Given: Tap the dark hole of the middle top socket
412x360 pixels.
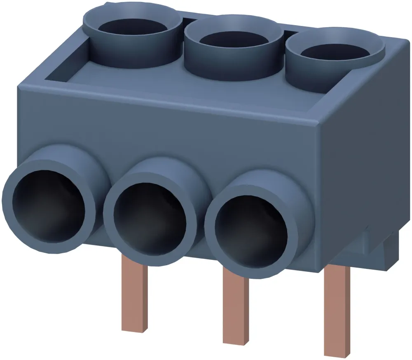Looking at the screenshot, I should click(x=233, y=41).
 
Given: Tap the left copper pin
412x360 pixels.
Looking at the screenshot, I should click(x=135, y=297).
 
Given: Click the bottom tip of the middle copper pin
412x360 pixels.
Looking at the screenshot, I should click(x=236, y=341).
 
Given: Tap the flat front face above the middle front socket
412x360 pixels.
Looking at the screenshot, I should click(x=165, y=132).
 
